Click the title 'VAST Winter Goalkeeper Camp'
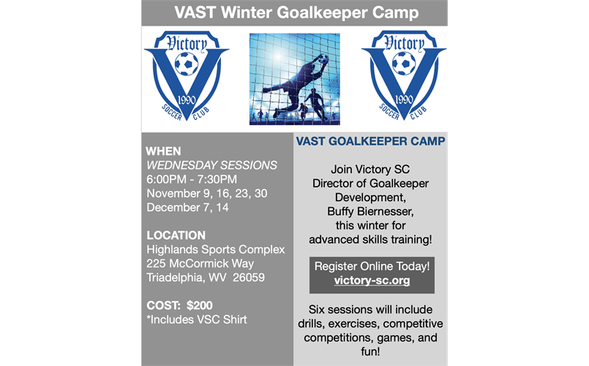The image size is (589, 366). tap(296, 12)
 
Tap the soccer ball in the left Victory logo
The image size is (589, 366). tap(187, 64)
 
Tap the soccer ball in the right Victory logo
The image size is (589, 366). tap(404, 63)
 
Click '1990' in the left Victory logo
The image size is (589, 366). tap(187, 100)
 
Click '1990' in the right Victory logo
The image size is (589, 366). tap(404, 100)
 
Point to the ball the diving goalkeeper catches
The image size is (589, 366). tap(323, 59)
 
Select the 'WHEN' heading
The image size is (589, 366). tap(163, 151)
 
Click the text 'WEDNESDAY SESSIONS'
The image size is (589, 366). tap(212, 165)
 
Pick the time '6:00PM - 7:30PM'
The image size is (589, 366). tap(192, 179)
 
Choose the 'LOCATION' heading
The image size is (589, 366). tap(176, 235)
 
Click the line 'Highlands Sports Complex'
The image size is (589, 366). tap(216, 250)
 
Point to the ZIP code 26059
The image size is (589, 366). tap(249, 277)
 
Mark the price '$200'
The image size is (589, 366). tap(200, 305)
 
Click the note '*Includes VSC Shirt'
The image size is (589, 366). tap(197, 319)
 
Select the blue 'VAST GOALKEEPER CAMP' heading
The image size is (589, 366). tap(370, 141)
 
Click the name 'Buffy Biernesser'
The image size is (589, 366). tap(369, 212)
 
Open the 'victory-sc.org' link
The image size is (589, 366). tap(372, 280)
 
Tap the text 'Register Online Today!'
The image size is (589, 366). tap(372, 266)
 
